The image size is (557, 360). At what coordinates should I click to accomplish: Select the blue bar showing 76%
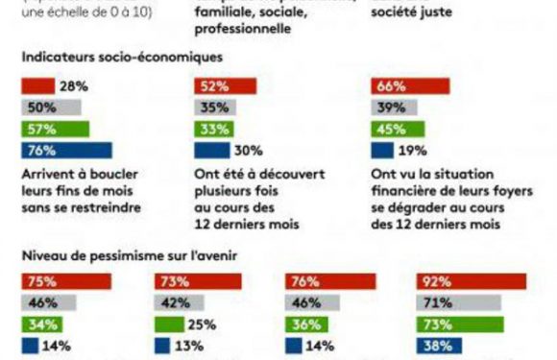67,150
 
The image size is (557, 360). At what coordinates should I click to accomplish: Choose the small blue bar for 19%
382,150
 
